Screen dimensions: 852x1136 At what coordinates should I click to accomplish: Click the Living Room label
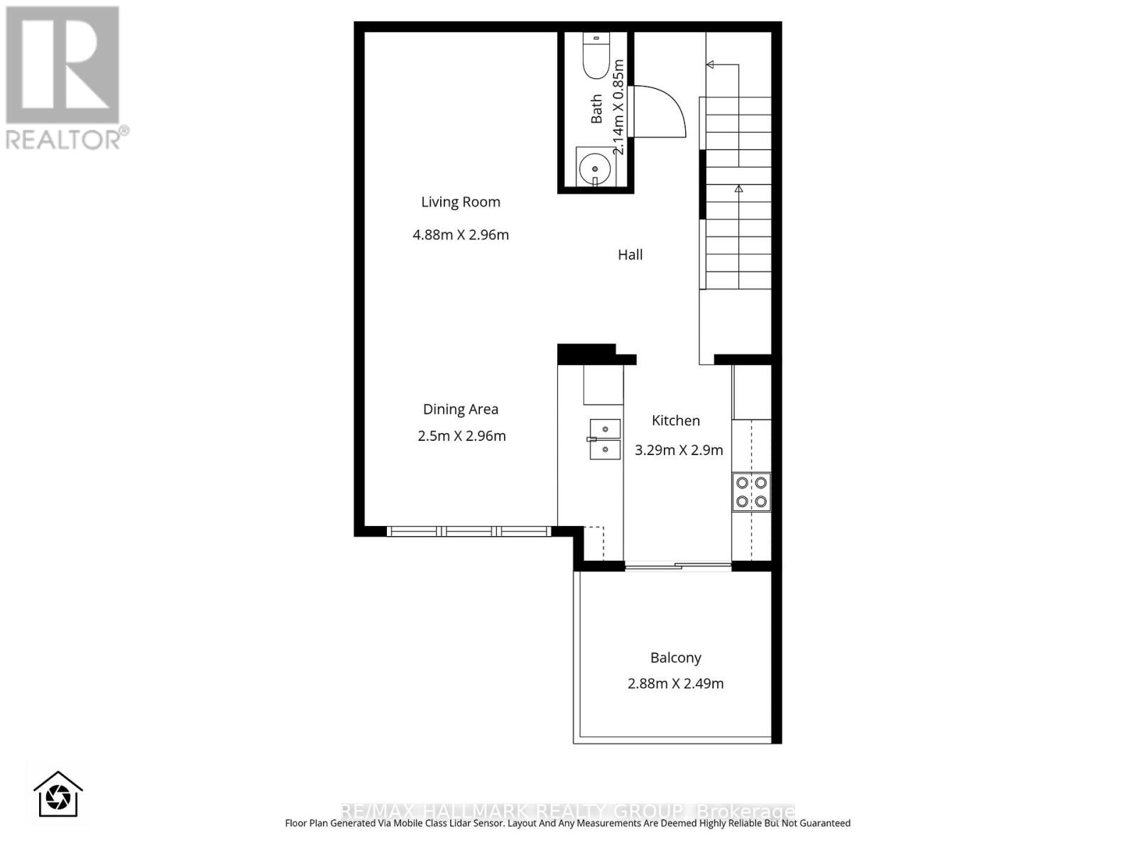[461, 202]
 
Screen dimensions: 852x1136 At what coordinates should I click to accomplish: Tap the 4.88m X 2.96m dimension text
[461, 235]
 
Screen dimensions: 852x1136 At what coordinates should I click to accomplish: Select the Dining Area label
[461, 410]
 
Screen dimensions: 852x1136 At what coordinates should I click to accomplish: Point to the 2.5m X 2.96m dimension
[461, 436]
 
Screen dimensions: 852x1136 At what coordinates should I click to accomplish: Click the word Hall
[630, 255]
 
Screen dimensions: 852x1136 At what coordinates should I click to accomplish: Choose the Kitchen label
[676, 421]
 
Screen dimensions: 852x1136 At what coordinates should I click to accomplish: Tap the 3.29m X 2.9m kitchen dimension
[679, 450]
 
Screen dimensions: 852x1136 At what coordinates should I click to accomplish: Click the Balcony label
[676, 658]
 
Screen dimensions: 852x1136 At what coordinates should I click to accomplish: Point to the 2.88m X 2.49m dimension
[676, 684]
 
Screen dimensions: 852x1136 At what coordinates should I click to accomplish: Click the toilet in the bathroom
[596, 56]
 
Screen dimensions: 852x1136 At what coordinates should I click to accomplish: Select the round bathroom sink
[594, 169]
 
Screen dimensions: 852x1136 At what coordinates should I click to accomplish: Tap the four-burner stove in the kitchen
[751, 492]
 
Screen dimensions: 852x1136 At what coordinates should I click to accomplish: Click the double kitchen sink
[604, 439]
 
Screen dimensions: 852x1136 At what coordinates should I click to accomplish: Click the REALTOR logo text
[67, 138]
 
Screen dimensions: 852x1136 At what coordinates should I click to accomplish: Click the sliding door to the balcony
[677, 566]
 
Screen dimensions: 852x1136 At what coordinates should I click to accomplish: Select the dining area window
[469, 531]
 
